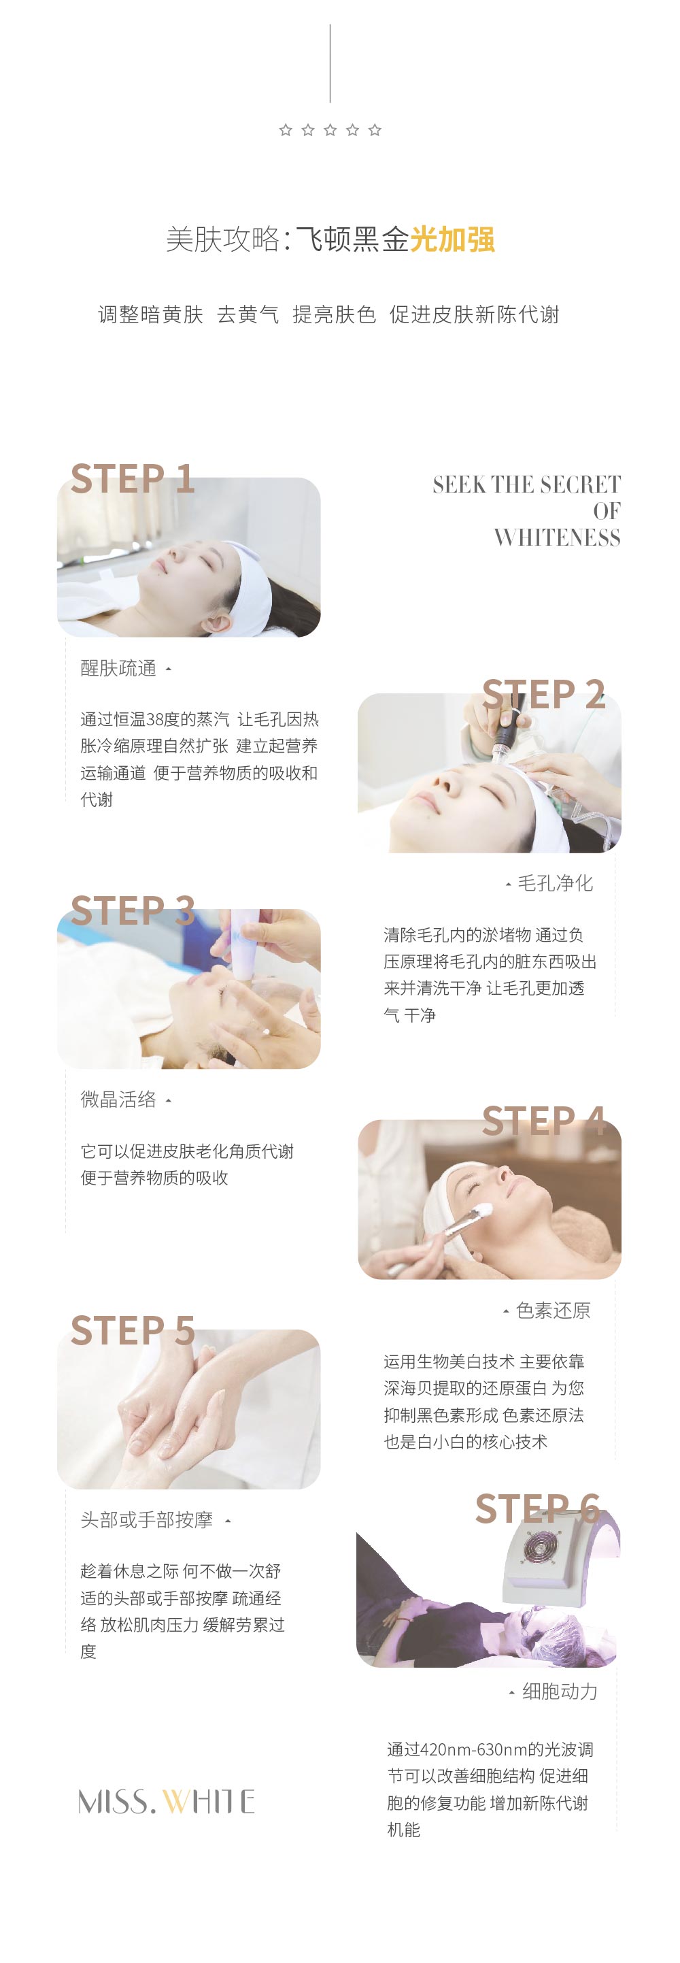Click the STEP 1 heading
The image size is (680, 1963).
point(133,478)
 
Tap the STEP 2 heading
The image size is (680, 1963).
point(544,694)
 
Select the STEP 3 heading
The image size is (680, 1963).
point(133,910)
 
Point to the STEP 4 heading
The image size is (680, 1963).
point(544,1121)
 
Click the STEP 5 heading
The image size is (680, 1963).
point(133,1330)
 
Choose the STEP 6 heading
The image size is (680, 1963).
point(538,1509)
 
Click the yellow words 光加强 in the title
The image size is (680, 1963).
point(452,240)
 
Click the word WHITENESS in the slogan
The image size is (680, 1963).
point(557,538)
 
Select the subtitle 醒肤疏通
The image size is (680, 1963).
point(118,668)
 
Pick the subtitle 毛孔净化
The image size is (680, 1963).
point(555,883)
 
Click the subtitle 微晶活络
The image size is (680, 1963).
point(118,1100)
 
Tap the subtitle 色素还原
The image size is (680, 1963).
point(553,1310)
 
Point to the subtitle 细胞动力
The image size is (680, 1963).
point(560,1691)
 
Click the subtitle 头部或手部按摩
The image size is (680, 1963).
point(146,1519)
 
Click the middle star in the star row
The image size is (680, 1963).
point(330,131)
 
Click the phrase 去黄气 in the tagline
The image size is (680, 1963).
point(248,314)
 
